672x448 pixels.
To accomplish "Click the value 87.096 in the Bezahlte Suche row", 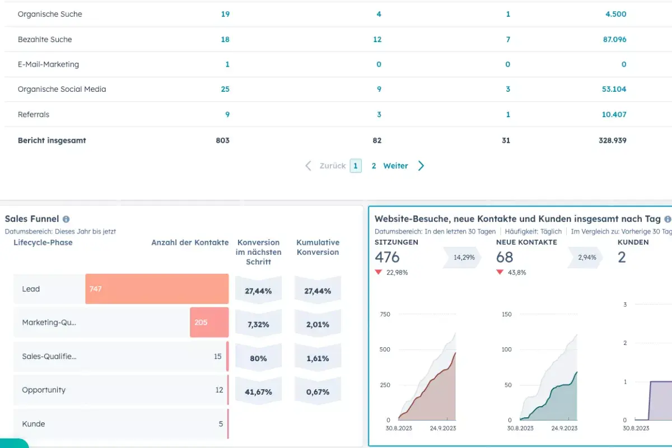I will [x=615, y=39].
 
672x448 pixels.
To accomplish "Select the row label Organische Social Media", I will [x=62, y=89].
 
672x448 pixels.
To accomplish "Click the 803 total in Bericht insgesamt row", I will [x=222, y=141].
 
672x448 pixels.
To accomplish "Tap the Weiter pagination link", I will [x=395, y=166].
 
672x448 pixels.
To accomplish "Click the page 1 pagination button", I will [x=356, y=166].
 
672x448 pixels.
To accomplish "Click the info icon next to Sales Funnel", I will [x=66, y=220].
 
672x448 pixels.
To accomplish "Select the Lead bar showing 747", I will [x=157, y=289].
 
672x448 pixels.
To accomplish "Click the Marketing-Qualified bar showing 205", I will [x=209, y=323].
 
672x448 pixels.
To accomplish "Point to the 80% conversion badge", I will [x=258, y=358].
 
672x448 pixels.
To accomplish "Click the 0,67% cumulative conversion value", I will [x=318, y=392].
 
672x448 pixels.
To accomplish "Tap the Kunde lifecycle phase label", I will [x=34, y=424].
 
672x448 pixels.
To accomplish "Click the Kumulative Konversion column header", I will [x=318, y=248].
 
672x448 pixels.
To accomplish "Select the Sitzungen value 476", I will [x=387, y=257].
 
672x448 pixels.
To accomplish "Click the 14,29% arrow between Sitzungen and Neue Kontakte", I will [x=463, y=258].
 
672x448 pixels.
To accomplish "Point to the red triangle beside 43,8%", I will [x=500, y=273].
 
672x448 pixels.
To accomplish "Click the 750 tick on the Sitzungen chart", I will [x=385, y=315].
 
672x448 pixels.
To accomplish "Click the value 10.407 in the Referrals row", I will [x=614, y=114].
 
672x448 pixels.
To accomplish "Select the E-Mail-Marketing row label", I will [x=48, y=64].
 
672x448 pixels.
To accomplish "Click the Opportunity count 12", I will [x=219, y=390].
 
